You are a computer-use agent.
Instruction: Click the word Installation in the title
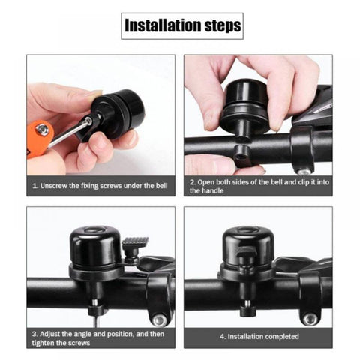pos(163,25)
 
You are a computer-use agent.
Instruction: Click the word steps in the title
pos(223,26)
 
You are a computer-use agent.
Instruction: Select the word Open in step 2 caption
pos(205,182)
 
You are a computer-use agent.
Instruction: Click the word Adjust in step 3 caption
pos(49,334)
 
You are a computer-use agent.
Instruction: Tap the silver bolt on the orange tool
pos(42,130)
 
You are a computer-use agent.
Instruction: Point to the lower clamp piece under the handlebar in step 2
pos(243,156)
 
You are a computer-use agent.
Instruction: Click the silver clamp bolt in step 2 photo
pos(304,172)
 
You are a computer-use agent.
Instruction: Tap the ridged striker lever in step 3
pos(135,241)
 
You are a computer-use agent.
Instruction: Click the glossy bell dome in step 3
pos(95,245)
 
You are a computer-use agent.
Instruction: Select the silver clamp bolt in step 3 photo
pos(160,319)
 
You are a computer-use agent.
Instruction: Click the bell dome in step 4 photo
pos(248,244)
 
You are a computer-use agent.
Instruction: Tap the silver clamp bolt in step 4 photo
pos(310,319)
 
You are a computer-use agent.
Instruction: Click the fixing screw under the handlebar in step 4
pos(247,308)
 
